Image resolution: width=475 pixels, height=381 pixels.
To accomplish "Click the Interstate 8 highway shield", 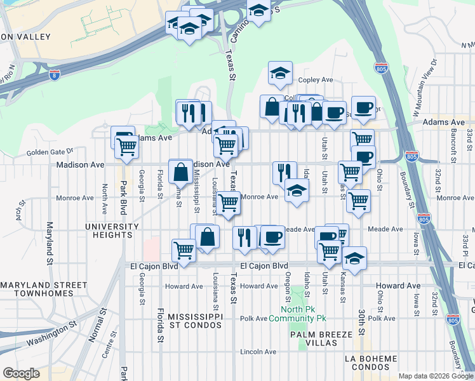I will point(56,75).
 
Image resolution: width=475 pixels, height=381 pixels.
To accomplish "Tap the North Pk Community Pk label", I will point(297,314).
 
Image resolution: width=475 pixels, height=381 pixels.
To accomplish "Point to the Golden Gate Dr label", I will point(50,151).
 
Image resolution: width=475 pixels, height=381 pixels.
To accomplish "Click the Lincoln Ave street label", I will point(258,352).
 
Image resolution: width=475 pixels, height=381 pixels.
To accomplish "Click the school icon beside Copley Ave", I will point(279,73).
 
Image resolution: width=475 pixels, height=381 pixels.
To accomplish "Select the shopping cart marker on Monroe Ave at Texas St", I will point(229,203).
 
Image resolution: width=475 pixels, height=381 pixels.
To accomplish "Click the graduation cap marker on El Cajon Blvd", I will point(354,258).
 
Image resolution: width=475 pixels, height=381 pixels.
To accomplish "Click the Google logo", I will point(21,373).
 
